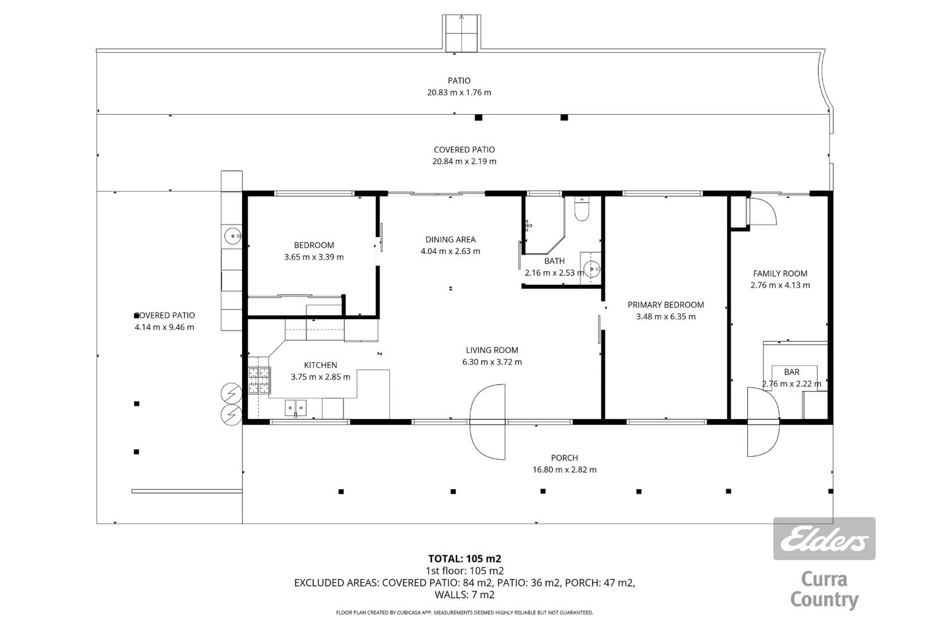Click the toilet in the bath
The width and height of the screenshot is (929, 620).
(x=581, y=210)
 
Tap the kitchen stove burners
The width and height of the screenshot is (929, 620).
(x=259, y=380)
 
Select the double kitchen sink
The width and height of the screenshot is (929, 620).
(x=296, y=408)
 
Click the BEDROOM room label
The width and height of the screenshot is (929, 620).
(x=314, y=245)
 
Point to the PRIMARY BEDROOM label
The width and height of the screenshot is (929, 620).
(x=665, y=305)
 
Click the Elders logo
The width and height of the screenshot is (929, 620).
(x=824, y=538)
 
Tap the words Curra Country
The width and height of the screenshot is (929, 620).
(x=824, y=590)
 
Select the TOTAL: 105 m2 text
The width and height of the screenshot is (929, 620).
(x=464, y=559)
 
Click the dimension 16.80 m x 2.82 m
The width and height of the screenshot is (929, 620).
(x=564, y=470)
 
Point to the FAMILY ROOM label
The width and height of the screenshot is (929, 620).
(x=780, y=274)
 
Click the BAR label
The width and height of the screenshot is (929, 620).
(x=791, y=372)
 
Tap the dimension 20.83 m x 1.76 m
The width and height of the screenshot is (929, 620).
(x=459, y=92)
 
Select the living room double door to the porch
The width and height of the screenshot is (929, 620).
(x=488, y=422)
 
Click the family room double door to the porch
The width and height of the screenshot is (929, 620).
(x=763, y=422)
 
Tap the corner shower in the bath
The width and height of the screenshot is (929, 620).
(x=542, y=227)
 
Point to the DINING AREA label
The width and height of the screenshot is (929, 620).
(x=450, y=239)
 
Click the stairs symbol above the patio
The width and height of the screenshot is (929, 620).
(x=460, y=33)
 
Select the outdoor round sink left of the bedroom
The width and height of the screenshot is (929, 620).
(x=232, y=235)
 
